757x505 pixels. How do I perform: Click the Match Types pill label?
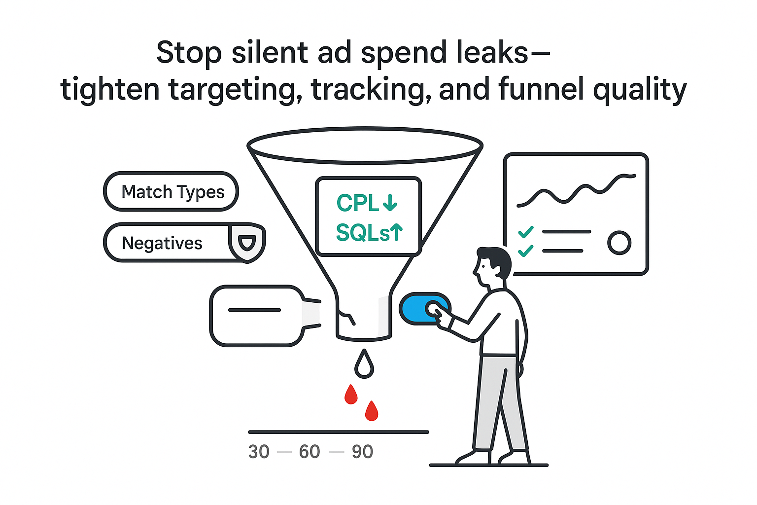172,192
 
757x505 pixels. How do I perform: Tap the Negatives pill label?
162,243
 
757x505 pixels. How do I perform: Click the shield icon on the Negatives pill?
247,242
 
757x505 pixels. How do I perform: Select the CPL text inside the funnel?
357,203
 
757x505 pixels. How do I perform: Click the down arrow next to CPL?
390,203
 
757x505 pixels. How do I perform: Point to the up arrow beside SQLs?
397,232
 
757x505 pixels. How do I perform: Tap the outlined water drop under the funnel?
364,365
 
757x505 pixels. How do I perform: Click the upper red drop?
351,395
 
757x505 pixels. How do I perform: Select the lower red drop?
372,411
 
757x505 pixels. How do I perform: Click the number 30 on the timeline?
259,452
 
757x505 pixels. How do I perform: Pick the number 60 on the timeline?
310,452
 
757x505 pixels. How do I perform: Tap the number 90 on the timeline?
362,452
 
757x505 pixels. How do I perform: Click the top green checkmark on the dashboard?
526,232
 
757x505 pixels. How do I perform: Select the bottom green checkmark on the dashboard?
526,251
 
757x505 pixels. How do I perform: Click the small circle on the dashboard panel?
619,243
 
